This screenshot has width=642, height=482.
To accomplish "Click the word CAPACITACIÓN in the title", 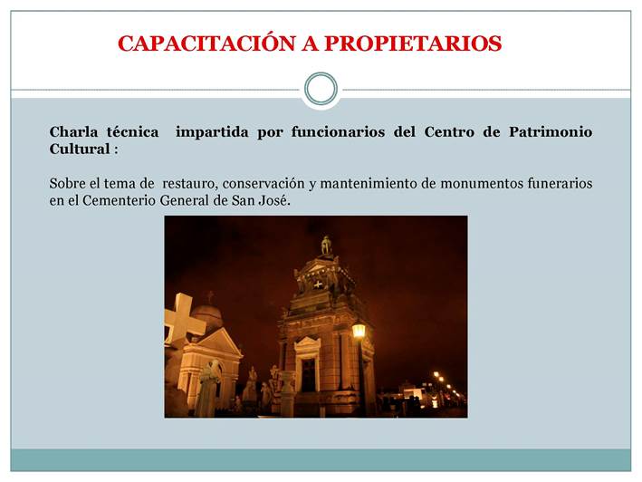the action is [206, 43].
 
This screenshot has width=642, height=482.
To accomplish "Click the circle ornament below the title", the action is [321, 89].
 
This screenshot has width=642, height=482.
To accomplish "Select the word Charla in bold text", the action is [73, 132].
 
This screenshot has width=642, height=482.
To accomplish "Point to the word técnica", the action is [133, 132].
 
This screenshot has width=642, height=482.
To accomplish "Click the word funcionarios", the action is [338, 132].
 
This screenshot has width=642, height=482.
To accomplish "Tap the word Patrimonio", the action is [551, 132].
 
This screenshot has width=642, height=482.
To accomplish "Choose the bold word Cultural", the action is [80, 149].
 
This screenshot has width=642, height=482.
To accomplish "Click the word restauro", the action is [189, 183].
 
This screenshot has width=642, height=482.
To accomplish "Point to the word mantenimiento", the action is [367, 183].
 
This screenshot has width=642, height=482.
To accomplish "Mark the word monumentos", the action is [481, 183].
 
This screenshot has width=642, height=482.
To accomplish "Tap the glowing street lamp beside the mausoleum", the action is [359, 330].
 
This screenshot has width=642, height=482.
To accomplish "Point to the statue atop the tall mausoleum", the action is [326, 246].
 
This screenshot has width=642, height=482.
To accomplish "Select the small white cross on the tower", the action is [318, 284].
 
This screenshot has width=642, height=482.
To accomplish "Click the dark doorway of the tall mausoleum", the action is [308, 374].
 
